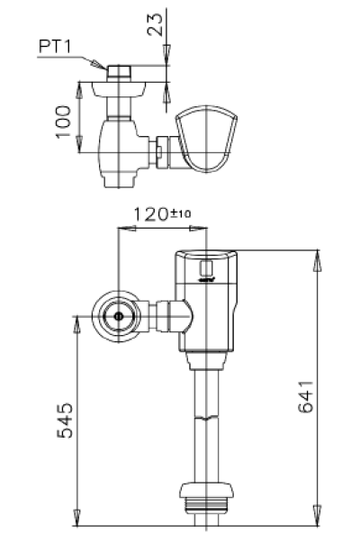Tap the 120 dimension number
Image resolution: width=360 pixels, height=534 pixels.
[149, 214]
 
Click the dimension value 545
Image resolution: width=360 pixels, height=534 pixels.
[63, 420]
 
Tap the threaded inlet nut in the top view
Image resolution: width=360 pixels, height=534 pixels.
[120, 71]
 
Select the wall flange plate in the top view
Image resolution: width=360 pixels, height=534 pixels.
[120, 90]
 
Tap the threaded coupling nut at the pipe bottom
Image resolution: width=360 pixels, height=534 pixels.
[209, 497]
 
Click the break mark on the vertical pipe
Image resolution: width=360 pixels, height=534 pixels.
[209, 419]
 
